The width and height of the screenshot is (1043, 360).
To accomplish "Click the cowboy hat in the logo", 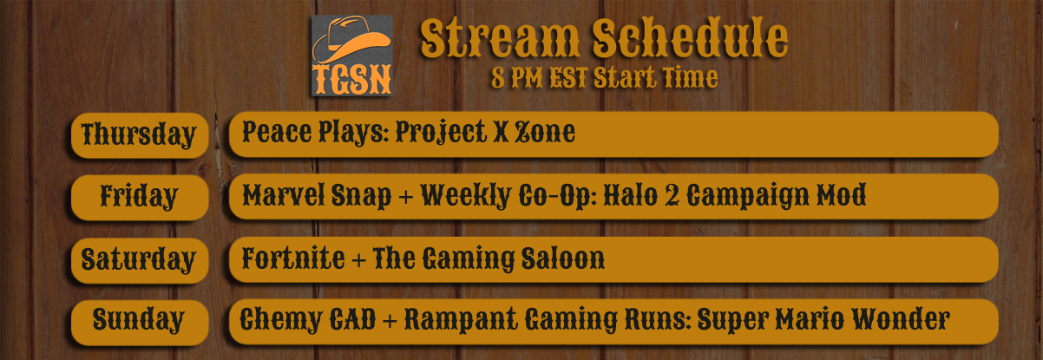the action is point(351,40).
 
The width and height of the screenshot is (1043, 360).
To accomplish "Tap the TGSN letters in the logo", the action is point(351,79).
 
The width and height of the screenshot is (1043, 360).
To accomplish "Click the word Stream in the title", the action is point(500,38).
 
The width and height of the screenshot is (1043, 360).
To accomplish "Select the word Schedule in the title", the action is point(690,38).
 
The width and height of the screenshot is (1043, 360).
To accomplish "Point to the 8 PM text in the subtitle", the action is point(516,77).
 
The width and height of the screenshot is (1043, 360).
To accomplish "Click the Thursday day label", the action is point(139,135).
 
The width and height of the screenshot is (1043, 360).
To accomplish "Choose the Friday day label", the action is point(139,196).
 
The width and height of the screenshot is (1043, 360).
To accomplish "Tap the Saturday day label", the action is point(138,259).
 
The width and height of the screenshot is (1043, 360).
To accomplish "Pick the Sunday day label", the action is point(138,320).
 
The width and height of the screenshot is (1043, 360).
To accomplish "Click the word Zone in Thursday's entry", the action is point(545,132).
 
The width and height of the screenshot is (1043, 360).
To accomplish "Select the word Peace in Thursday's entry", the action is point(277,132).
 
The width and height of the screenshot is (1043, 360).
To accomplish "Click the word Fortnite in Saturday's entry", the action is point(293,259).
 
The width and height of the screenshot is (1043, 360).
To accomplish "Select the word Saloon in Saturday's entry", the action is point(563,259).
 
